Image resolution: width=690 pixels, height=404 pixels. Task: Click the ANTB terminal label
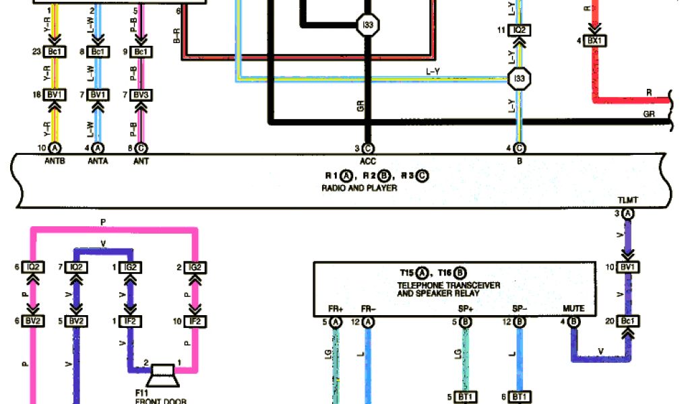[x=55, y=162]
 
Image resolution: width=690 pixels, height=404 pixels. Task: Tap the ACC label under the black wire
[x=367, y=162]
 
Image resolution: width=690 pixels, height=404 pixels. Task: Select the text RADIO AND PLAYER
[x=359, y=189]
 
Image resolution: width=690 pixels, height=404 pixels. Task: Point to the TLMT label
[x=627, y=201]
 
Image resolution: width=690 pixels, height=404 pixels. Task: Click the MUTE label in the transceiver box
[x=574, y=309]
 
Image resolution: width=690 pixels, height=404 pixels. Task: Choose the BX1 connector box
[x=593, y=41]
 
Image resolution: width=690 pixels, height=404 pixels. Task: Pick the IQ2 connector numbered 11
[x=520, y=30]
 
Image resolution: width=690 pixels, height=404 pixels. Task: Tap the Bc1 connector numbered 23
[x=55, y=52]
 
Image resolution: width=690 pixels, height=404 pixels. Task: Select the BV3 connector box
[x=141, y=95]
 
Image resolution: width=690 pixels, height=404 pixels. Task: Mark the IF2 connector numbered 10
[x=195, y=321]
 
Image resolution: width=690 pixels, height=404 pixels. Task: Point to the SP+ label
[x=465, y=309]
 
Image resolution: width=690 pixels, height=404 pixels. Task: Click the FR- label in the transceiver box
[x=368, y=309]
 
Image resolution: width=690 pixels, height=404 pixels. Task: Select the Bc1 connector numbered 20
[x=628, y=321]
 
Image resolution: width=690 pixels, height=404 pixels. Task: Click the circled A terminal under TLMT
[x=628, y=214]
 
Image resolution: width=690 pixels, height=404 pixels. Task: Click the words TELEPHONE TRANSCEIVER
[x=449, y=285]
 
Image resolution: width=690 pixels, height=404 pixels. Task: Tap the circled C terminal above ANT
[x=142, y=148]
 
